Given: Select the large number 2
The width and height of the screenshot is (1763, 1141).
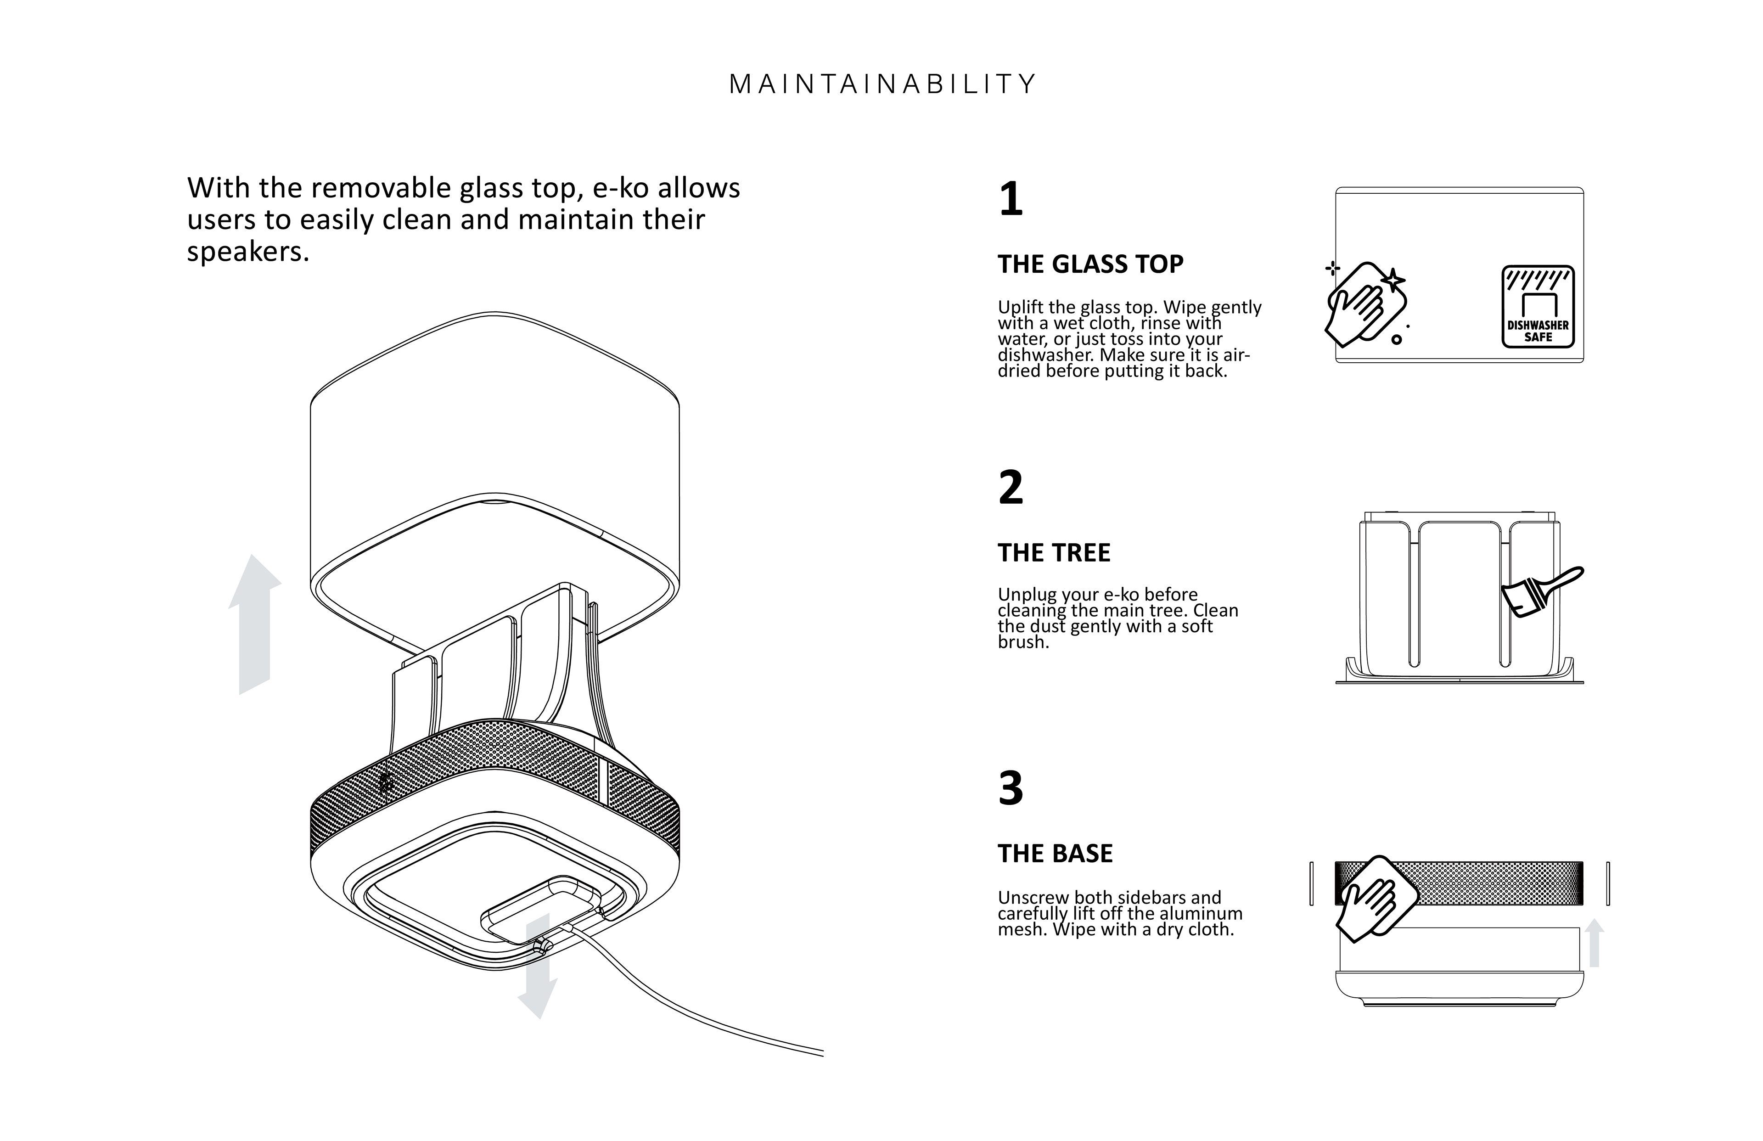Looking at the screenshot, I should pyautogui.click(x=1011, y=488).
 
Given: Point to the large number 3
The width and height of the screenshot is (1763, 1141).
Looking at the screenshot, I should pyautogui.click(x=1011, y=788).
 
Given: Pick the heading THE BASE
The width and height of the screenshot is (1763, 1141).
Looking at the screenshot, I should pyautogui.click(x=1055, y=854).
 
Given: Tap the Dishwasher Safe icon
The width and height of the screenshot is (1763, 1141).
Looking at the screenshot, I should pyautogui.click(x=1538, y=307).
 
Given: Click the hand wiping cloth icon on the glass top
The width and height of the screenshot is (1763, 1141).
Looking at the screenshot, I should pyautogui.click(x=1365, y=304).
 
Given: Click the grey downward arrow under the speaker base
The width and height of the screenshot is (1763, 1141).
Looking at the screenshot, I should pyautogui.click(x=538, y=967).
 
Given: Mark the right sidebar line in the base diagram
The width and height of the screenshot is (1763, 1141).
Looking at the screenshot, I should pyautogui.click(x=1607, y=883).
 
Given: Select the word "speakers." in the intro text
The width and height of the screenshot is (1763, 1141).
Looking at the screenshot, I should pyautogui.click(x=247, y=252).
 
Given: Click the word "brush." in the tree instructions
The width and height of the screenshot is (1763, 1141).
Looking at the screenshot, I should pyautogui.click(x=1023, y=642).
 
